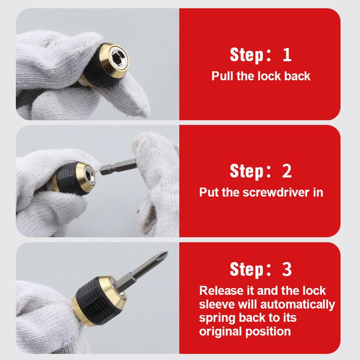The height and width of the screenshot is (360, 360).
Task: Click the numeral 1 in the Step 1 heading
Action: [287, 55]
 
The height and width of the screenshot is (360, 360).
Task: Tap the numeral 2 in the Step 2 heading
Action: [287, 171]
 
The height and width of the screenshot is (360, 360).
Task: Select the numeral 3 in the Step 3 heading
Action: [287, 269]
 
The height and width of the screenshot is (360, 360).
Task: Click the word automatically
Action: [298, 305]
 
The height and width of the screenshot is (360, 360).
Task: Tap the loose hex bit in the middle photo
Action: [119, 167]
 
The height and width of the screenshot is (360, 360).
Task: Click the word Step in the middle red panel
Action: [247, 171]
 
